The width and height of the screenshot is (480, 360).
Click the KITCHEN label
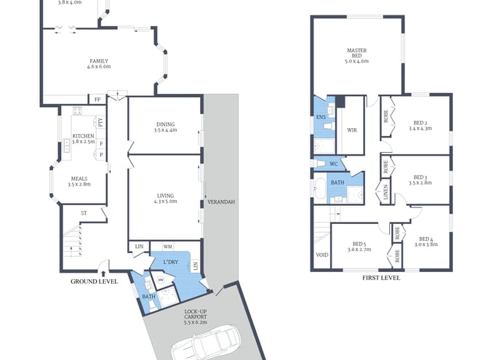[84, 137]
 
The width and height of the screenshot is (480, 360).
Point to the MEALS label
[78, 181]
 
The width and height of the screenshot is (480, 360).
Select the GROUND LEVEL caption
[94, 281]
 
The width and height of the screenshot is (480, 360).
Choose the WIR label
[352, 130]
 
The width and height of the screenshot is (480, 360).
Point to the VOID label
[321, 255]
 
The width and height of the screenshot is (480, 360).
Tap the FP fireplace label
[97, 100]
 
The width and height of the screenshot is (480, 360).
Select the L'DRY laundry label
[171, 261]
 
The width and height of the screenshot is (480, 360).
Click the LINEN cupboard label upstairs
[385, 193]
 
